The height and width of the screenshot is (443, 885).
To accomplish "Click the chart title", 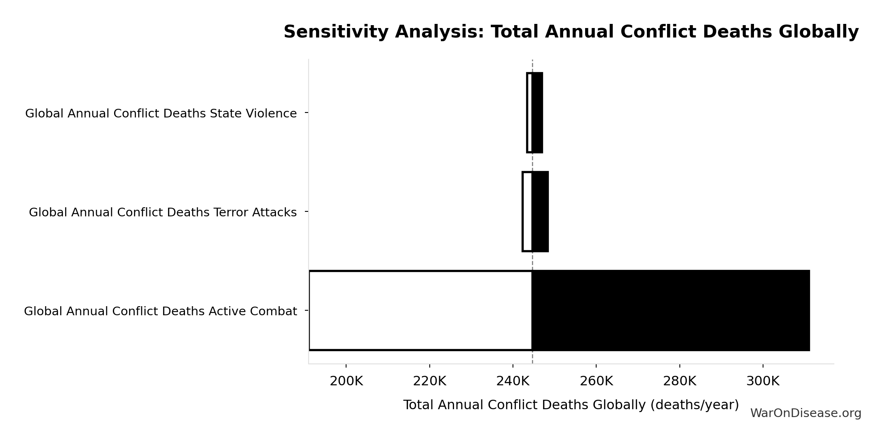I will (571, 32).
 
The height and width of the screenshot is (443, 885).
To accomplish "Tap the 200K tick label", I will (346, 381).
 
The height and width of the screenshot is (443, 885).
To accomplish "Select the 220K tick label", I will (429, 381).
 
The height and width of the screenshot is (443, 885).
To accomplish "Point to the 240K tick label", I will (513, 381).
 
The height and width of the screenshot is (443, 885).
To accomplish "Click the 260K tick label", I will (596, 381).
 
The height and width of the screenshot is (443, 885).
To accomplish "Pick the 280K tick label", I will (679, 381).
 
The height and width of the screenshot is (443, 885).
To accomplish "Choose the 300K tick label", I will (763, 381).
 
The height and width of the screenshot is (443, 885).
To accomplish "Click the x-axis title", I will (571, 405).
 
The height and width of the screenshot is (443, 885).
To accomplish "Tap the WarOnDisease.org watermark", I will (805, 413).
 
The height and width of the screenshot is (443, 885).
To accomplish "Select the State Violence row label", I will (161, 113).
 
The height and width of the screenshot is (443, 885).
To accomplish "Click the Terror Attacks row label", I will (163, 212).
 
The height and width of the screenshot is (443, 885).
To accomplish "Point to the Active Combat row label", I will (160, 311).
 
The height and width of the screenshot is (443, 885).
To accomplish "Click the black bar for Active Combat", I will (671, 310).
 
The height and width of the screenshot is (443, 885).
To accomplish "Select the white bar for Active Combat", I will (420, 310).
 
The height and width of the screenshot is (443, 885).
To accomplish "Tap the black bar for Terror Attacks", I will (540, 211).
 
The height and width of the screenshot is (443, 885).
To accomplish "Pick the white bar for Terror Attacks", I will (527, 211).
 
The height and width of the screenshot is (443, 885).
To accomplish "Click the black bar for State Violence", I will (537, 113).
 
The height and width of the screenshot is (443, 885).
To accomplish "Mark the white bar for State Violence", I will (529, 113).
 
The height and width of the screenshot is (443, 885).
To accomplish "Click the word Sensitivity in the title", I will (338, 32).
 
